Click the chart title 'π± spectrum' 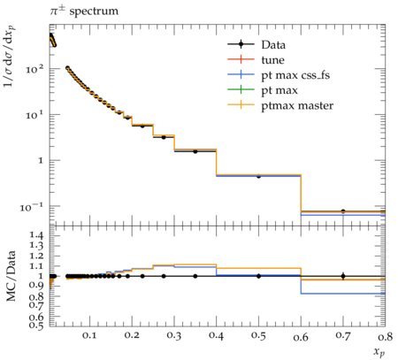(x=84, y=11)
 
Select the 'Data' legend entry (x=256, y=45)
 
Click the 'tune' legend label (x=273, y=60)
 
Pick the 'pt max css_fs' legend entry (x=279, y=75)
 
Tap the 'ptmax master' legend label (x=297, y=105)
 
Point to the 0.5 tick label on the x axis (x=258, y=336)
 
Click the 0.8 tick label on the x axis (x=385, y=336)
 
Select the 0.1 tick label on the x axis (x=89, y=336)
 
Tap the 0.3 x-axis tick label (x=174, y=336)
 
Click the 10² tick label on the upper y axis (x=34, y=69)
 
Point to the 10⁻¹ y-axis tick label (x=31, y=207)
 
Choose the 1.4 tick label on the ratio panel (x=36, y=235)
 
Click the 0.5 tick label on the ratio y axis (x=36, y=325)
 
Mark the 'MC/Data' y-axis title (x=11, y=276)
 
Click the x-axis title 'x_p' (x=379, y=352)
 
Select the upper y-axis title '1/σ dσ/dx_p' (x=10, y=56)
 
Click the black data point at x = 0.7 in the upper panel (x=343, y=211)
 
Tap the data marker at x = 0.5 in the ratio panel (x=258, y=276)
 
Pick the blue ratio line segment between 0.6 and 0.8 (x=343, y=294)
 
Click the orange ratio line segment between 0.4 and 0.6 (x=258, y=268)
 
